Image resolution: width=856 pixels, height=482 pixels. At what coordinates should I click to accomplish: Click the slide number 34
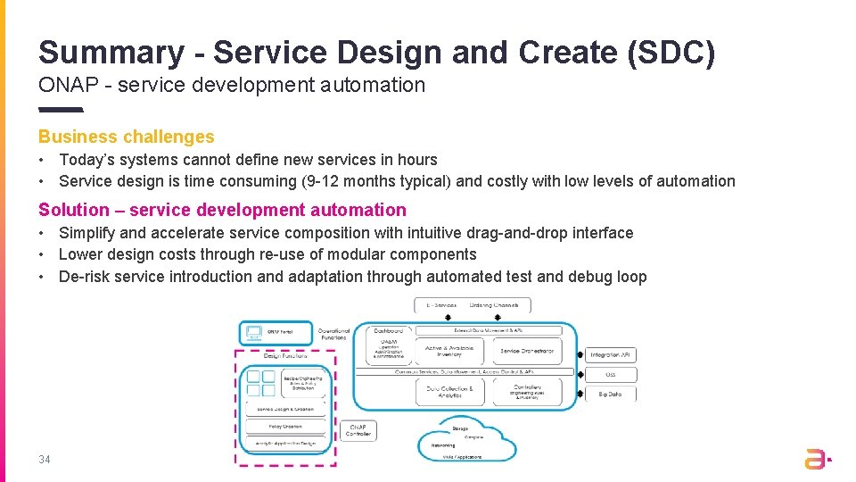point(45,460)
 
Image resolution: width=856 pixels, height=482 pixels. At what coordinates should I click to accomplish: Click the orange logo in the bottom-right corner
point(817,459)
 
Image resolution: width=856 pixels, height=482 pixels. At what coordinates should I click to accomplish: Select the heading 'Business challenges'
point(126,137)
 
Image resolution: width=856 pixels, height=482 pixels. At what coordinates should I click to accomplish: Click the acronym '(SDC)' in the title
point(671,52)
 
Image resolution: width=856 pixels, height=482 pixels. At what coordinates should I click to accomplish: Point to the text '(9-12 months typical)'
point(374,181)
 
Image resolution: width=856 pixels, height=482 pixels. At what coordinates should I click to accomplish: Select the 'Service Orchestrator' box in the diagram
point(527,351)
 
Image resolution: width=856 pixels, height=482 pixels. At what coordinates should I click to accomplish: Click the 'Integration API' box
point(610,354)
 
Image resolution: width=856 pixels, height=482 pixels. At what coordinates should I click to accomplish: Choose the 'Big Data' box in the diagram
point(610,394)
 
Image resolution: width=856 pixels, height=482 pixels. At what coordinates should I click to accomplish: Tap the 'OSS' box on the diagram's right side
point(610,374)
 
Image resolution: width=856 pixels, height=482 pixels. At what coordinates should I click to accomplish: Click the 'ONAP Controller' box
point(358,430)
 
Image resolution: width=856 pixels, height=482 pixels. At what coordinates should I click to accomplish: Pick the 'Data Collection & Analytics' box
point(449,391)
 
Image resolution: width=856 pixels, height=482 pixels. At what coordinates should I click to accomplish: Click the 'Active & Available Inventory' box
point(449,351)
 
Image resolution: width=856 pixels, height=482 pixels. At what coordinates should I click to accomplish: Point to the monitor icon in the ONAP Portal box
point(253,333)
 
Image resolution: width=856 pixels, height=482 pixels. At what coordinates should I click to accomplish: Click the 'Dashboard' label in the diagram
point(388,330)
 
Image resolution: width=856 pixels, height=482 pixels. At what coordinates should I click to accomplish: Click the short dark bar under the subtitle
point(61,110)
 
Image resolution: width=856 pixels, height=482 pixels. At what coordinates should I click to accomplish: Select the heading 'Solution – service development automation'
point(222,210)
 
